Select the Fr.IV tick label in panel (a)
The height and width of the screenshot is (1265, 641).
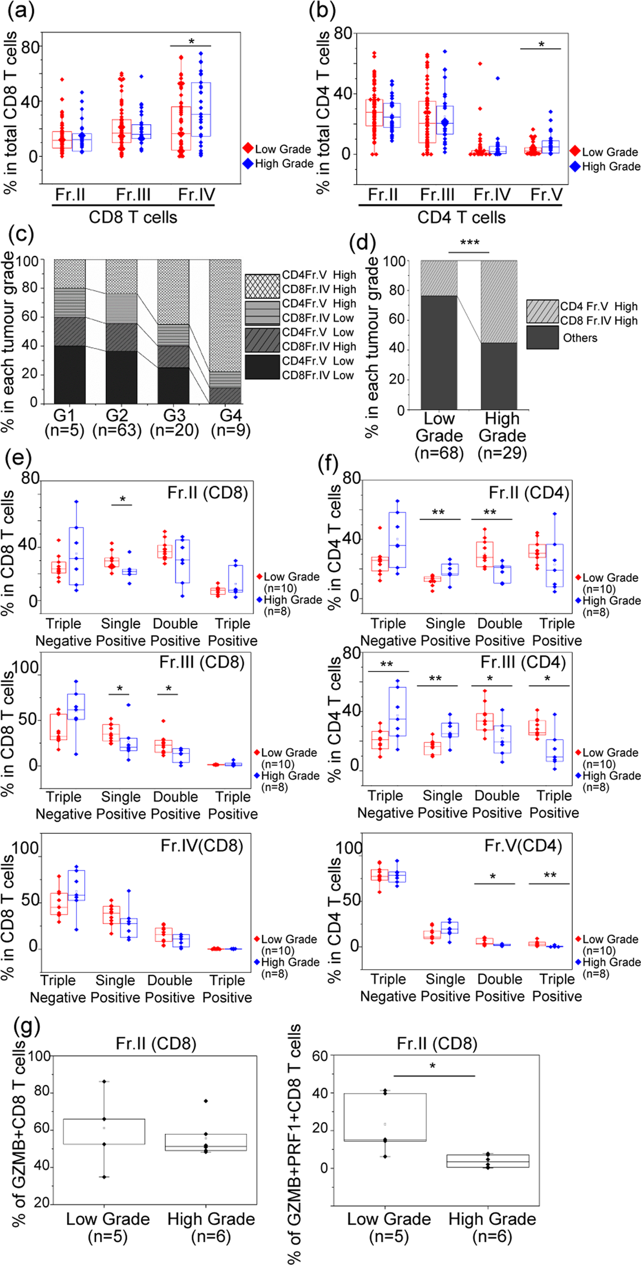click(x=196, y=195)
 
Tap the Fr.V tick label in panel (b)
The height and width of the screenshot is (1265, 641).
click(x=546, y=195)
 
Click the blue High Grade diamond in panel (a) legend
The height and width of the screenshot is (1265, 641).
click(x=248, y=163)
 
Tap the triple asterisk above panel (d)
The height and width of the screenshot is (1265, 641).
click(x=469, y=243)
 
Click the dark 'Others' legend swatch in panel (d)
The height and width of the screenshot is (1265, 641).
click(x=542, y=337)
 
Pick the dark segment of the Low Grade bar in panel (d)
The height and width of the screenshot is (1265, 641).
click(x=439, y=353)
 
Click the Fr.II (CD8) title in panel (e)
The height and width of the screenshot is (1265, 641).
click(x=207, y=493)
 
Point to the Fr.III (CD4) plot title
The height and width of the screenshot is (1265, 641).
click(x=523, y=662)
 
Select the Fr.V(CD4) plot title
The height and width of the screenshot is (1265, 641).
click(x=523, y=846)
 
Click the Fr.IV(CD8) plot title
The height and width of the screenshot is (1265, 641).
click(x=202, y=846)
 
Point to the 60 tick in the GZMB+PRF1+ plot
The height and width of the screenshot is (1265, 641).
click(x=320, y=1056)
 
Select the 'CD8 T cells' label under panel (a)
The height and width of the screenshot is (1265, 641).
click(x=133, y=217)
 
